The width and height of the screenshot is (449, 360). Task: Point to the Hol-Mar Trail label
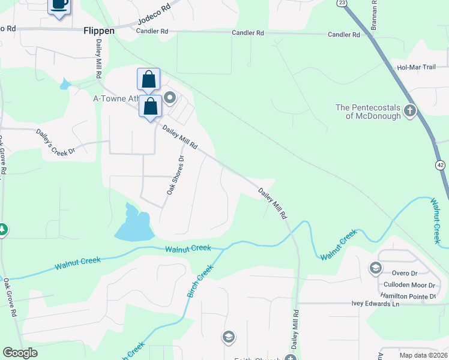[x=416, y=67]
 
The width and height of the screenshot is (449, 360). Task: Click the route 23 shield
[x=342, y=3]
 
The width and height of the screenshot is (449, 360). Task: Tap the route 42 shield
[x=442, y=164]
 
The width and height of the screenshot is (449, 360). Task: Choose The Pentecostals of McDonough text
[x=367, y=112]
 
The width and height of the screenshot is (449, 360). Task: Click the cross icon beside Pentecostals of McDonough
[x=410, y=110]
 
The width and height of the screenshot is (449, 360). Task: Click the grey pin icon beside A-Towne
[x=169, y=97]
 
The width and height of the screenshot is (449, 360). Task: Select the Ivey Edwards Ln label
[x=375, y=304]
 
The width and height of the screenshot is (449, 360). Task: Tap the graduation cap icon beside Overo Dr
[x=376, y=268]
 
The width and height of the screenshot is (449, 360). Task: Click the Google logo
[x=20, y=353]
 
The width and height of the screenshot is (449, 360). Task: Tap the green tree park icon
[x=2, y=229]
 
